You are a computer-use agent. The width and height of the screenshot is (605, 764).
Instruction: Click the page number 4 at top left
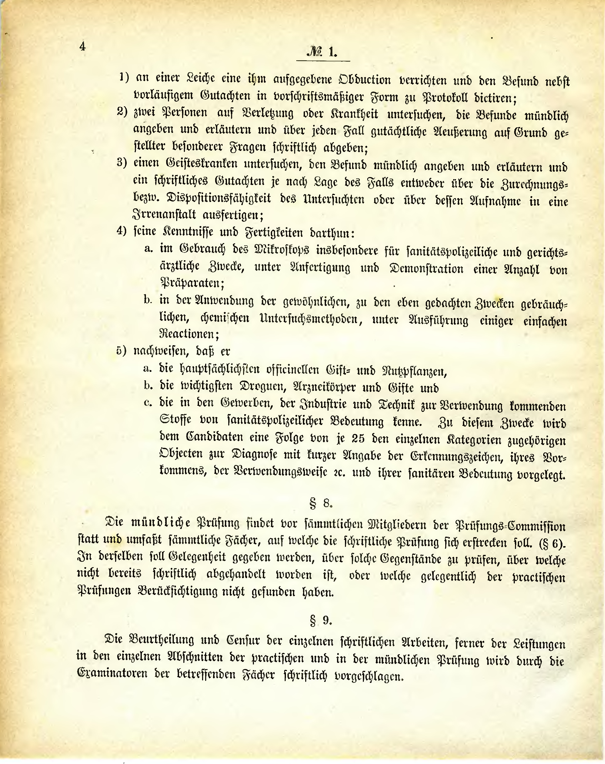tap(83, 46)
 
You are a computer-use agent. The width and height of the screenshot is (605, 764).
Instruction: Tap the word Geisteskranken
tap(202, 164)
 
